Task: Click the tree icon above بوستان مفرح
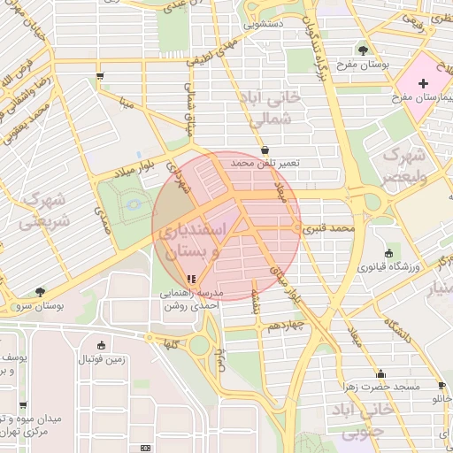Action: (363, 50)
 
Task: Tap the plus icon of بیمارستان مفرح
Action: (423, 82)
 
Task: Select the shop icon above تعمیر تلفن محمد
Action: (265, 151)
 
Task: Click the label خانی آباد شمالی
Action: (275, 107)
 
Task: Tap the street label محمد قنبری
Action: (329, 228)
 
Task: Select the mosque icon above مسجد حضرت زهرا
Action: (381, 374)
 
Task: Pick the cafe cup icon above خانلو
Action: (441, 386)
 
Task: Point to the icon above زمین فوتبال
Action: (101, 345)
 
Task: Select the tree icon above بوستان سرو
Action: (40, 291)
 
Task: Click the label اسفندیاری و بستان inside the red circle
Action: (195, 242)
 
